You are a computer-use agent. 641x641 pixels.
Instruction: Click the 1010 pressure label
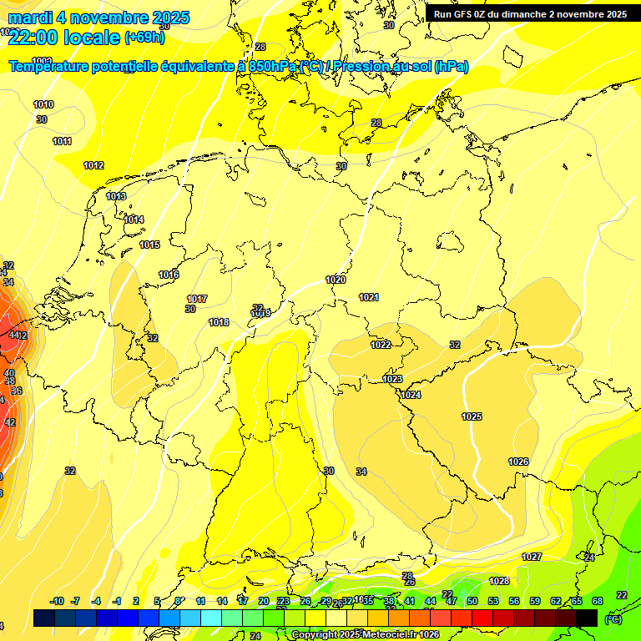pyautogui.click(x=43, y=104)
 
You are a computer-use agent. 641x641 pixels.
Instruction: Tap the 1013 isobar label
pyautogui.click(x=116, y=196)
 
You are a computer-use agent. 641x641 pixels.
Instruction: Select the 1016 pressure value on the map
pyautogui.click(x=169, y=275)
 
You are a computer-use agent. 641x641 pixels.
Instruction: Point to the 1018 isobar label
pyautogui.click(x=219, y=322)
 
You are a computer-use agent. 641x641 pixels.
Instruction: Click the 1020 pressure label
pyautogui.click(x=336, y=280)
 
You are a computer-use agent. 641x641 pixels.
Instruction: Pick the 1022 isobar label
pyautogui.click(x=381, y=345)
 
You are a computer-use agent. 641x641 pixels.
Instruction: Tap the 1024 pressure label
pyautogui.click(x=411, y=395)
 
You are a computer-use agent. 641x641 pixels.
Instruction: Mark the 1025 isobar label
pyautogui.click(x=472, y=416)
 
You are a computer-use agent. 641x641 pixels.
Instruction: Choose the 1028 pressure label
pyautogui.click(x=499, y=581)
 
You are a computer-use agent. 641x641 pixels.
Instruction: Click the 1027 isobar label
pyautogui.click(x=532, y=557)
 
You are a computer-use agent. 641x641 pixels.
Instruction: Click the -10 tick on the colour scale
pyautogui.click(x=57, y=601)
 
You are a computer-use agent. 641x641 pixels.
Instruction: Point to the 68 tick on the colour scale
pyautogui.click(x=598, y=601)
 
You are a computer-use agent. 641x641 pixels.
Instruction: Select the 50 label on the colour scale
pyautogui.click(x=472, y=601)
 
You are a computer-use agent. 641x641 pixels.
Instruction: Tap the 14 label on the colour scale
pyautogui.click(x=222, y=601)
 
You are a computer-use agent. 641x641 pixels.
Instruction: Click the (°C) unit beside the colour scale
pyautogui.click(x=613, y=618)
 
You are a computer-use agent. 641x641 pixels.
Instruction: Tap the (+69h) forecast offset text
pyautogui.click(x=144, y=37)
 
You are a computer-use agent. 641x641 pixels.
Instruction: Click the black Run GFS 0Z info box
pyautogui.click(x=530, y=13)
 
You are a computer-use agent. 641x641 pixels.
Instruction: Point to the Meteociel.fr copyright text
pyautogui.click(x=366, y=635)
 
